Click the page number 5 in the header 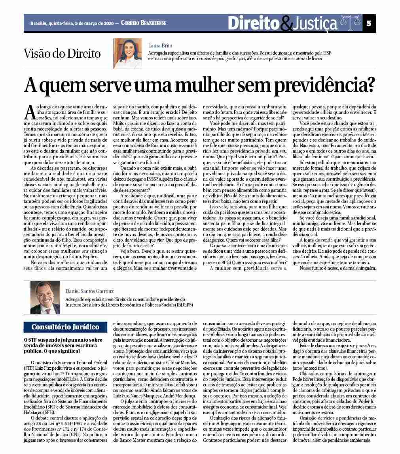click(369, 23)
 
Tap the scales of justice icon click(351, 23)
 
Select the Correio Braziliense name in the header click(143, 23)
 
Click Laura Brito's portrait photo click(127, 53)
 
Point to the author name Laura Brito click(160, 45)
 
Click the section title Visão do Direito click(62, 53)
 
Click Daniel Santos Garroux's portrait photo click(45, 297)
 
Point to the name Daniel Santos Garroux click(89, 291)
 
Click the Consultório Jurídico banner click(65, 327)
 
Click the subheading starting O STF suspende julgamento click(63, 345)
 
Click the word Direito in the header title click(253, 23)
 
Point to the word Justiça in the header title click(315, 24)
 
